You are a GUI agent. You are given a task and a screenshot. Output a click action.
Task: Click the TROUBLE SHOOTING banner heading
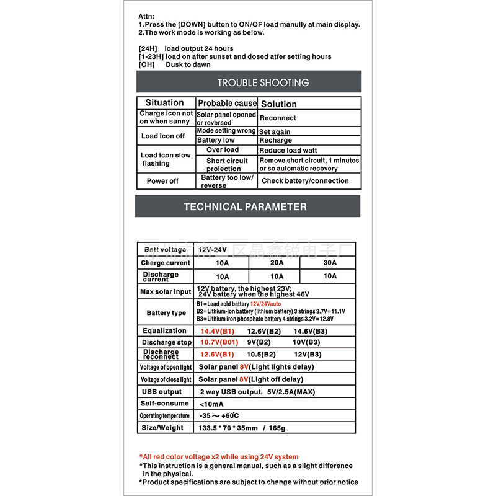click(x=263, y=82)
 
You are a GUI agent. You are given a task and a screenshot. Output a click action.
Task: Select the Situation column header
click(x=164, y=103)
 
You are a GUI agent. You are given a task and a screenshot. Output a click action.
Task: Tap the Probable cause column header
click(x=227, y=103)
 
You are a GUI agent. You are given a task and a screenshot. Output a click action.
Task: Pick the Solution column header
click(x=278, y=104)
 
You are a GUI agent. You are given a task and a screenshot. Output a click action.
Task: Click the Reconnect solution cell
click(x=278, y=118)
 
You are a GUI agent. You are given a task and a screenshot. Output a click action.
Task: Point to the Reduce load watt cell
click(x=288, y=150)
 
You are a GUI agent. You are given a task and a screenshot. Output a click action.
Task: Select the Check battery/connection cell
click(x=305, y=181)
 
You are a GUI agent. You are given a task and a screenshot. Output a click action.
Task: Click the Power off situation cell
click(x=162, y=181)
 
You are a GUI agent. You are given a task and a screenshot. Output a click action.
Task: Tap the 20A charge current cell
click(x=277, y=263)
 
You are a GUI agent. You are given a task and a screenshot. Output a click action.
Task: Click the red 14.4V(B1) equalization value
click(x=217, y=331)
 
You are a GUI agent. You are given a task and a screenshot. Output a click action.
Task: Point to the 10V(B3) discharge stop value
click(x=306, y=342)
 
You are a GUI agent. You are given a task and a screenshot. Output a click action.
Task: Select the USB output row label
click(x=162, y=392)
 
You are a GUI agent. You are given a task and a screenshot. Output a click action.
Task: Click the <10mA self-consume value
click(x=212, y=404)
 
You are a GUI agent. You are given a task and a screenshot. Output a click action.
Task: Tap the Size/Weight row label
click(x=162, y=428)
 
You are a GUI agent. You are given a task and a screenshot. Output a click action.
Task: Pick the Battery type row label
click(x=166, y=313)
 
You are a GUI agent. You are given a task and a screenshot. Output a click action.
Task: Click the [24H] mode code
click(x=148, y=48)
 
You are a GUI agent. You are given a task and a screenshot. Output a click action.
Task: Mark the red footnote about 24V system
click(x=219, y=457)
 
